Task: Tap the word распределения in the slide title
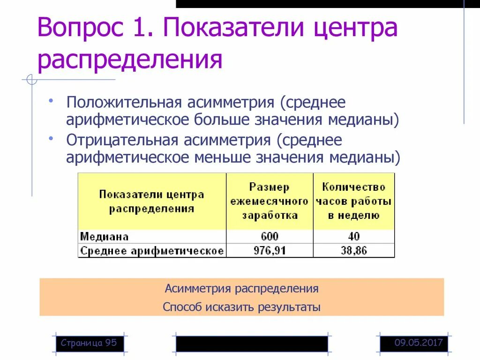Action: [x=130, y=60]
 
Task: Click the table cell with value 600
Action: [x=270, y=237]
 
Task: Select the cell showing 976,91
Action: [x=270, y=250]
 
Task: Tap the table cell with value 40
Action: [x=354, y=237]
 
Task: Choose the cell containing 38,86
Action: [x=354, y=250]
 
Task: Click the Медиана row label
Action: [x=104, y=237]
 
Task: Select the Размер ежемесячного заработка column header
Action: [x=270, y=201]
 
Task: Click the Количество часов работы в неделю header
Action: [x=354, y=201]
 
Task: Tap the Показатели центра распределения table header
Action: [x=151, y=202]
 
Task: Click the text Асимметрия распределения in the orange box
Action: [x=241, y=288]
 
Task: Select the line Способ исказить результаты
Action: [x=241, y=307]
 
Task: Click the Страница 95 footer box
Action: [x=89, y=343]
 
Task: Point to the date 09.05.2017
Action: [x=419, y=343]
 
